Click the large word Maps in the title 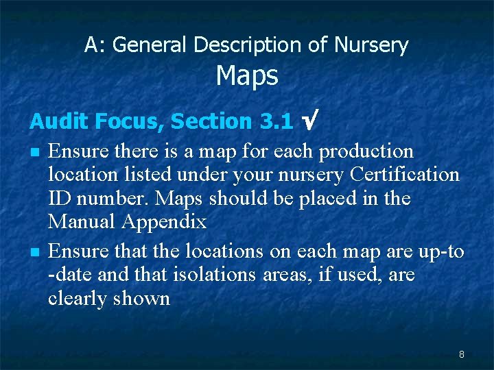(x=247, y=76)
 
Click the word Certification (x=404, y=175)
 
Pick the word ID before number (x=62, y=199)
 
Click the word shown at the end (x=144, y=299)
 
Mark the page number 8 (x=462, y=354)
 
